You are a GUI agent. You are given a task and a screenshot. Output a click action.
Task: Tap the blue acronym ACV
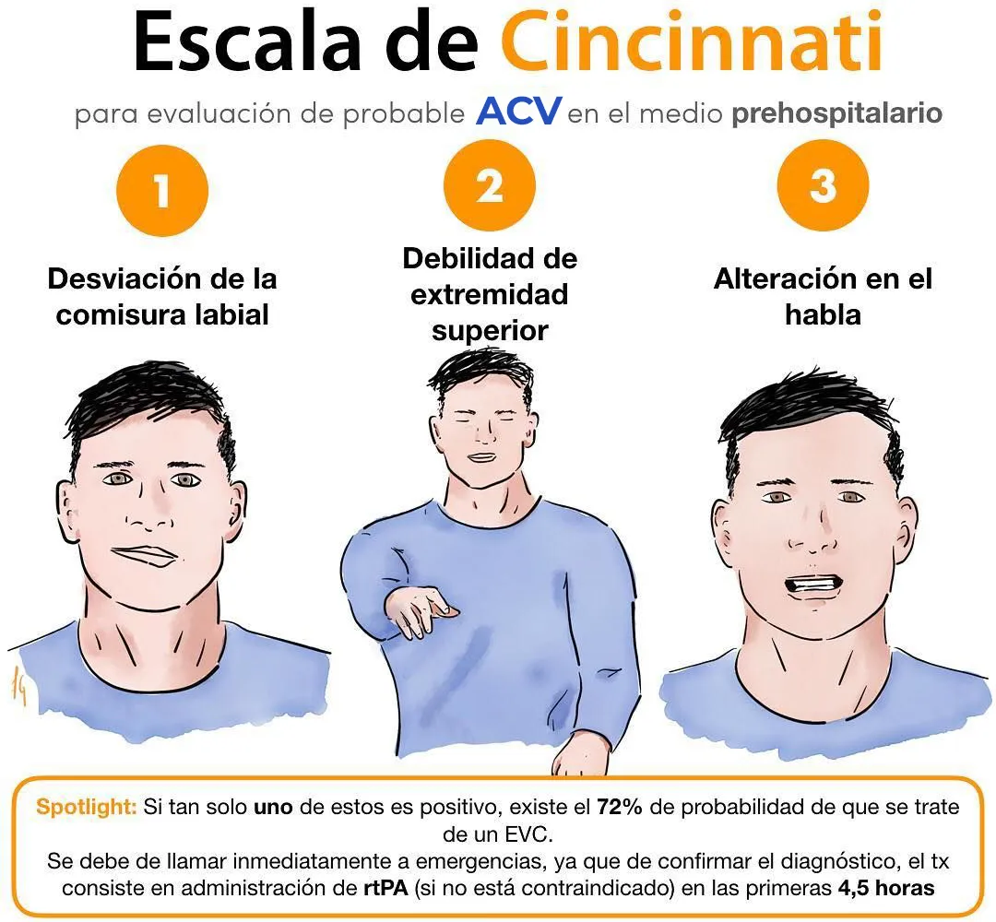(x=518, y=112)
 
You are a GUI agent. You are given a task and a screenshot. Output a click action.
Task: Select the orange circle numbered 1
(x=162, y=191)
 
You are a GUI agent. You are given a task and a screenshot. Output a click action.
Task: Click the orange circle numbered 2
(x=490, y=185)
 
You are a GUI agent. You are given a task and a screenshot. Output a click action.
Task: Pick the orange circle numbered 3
(x=823, y=185)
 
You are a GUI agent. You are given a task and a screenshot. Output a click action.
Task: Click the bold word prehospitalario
(x=836, y=113)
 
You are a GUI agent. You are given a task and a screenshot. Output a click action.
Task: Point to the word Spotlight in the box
(x=87, y=807)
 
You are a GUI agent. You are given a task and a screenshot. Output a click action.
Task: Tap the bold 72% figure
(x=620, y=807)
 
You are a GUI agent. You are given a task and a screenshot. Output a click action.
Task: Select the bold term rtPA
(x=385, y=887)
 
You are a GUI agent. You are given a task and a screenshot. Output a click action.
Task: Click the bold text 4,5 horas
(x=886, y=887)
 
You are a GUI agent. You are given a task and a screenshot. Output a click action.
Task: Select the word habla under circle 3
(x=823, y=314)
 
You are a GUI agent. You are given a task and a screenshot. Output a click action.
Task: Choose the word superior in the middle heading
(x=490, y=331)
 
